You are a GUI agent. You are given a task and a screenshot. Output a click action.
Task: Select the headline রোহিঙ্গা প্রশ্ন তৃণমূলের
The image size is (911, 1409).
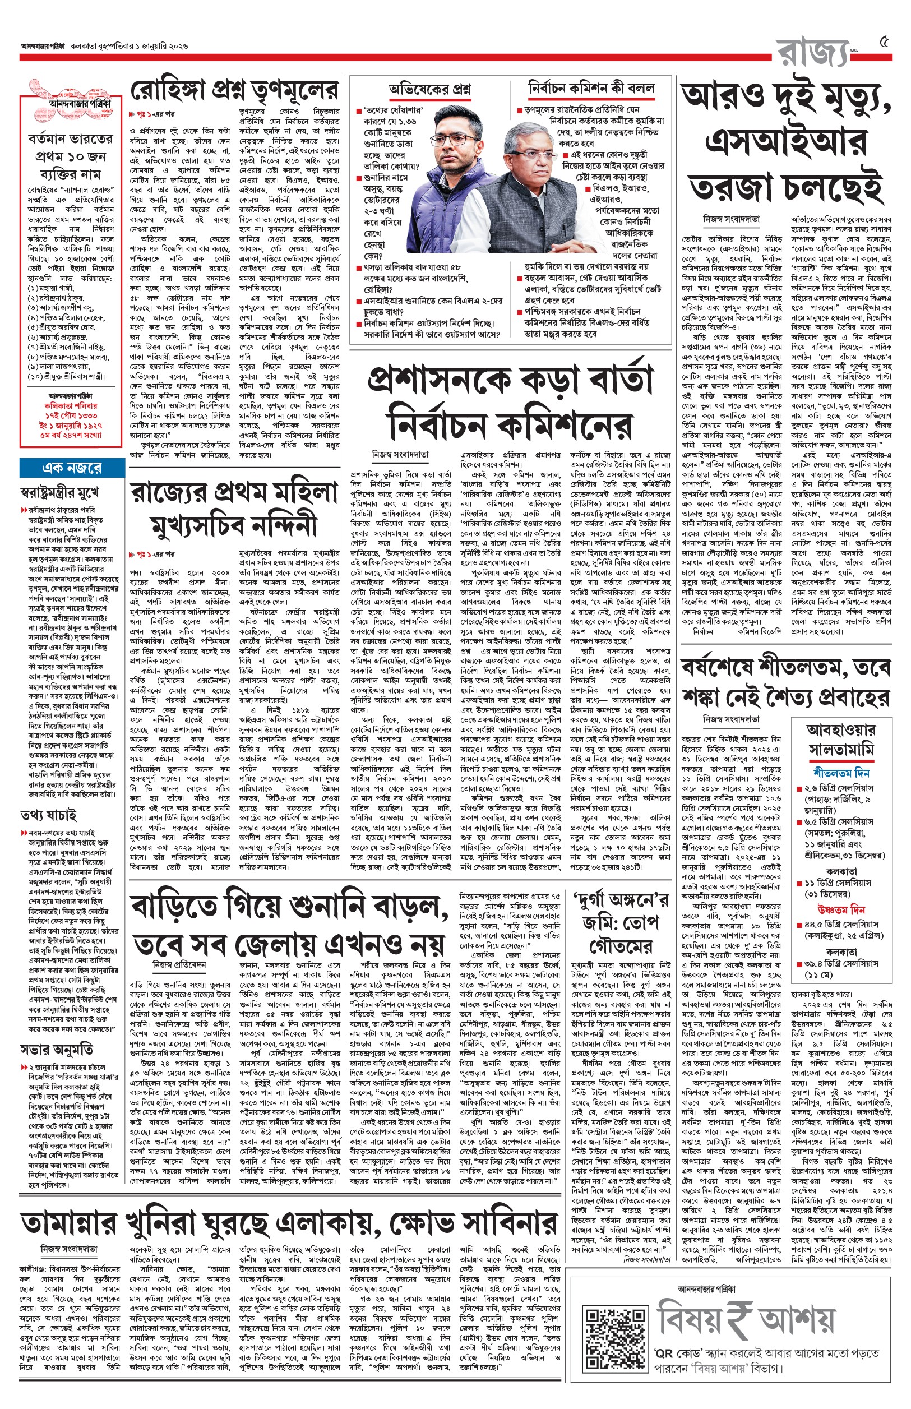coord(234,90)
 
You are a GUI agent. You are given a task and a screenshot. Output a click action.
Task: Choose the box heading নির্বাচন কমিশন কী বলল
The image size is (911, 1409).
coord(591,88)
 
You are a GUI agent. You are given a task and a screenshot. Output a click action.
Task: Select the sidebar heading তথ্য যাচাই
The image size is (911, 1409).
coord(49,816)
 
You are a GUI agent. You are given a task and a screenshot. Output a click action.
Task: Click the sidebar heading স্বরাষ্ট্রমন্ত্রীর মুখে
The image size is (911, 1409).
coord(59,492)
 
